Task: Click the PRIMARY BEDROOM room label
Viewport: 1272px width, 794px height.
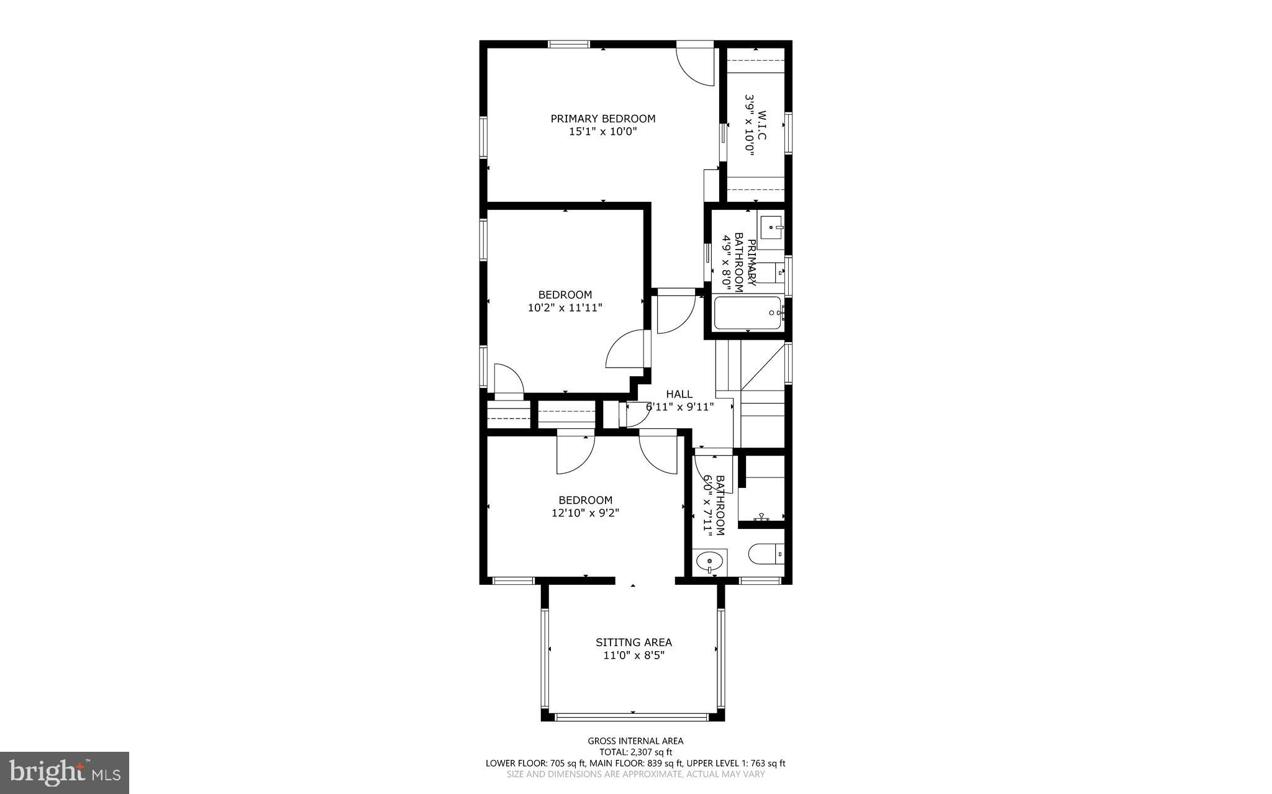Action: [x=602, y=119]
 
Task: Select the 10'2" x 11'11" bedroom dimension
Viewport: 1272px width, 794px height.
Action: [x=565, y=307]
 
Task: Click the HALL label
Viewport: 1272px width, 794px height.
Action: [x=679, y=394]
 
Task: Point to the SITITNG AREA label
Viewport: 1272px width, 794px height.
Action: [x=634, y=643]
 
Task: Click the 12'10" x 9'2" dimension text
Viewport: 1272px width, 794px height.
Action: [x=585, y=513]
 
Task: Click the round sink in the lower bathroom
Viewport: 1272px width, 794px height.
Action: [x=709, y=562]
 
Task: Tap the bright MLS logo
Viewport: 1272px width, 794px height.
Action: [x=65, y=772]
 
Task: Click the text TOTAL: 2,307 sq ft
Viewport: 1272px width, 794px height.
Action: [x=635, y=752]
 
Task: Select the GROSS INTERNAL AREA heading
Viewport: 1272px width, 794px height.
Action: [x=635, y=741]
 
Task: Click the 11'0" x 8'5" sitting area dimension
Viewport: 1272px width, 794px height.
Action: [x=634, y=656]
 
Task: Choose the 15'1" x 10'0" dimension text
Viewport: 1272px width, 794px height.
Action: [x=602, y=132]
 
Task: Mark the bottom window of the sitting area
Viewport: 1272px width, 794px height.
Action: [x=632, y=717]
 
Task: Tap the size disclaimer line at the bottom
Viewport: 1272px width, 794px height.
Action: [x=635, y=774]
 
